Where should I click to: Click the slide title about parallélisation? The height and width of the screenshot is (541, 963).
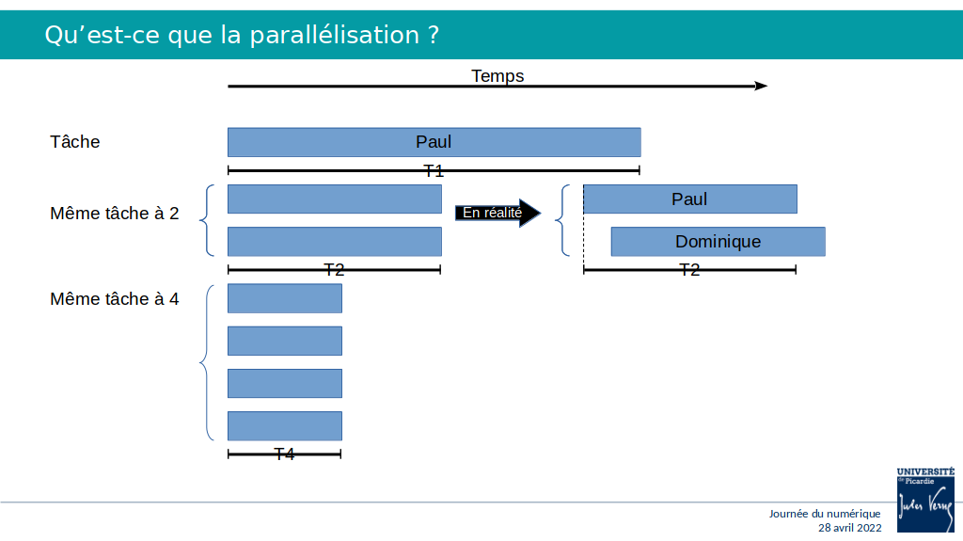[x=242, y=35]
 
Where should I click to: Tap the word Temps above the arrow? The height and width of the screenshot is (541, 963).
[x=497, y=75]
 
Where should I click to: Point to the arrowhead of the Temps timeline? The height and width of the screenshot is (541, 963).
[x=761, y=86]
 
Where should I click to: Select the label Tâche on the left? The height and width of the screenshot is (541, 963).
[x=75, y=141]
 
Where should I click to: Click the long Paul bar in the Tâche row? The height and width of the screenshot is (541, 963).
[x=434, y=142]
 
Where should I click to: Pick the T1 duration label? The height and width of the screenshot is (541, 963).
[x=434, y=171]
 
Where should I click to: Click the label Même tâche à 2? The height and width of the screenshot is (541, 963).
[x=114, y=214]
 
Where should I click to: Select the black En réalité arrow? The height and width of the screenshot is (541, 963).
[x=497, y=213]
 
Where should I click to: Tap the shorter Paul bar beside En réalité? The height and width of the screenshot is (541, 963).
[x=690, y=199]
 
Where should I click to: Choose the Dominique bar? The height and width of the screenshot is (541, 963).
[x=718, y=242]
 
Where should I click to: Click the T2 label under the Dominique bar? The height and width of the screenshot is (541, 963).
[x=689, y=270]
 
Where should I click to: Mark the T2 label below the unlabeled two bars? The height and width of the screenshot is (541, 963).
[x=334, y=270]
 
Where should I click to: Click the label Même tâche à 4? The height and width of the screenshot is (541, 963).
[x=114, y=299]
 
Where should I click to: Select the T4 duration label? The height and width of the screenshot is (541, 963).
[x=284, y=454]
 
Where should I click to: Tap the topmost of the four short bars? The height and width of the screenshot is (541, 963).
[x=285, y=298]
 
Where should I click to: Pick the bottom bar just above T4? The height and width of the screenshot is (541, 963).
[x=285, y=426]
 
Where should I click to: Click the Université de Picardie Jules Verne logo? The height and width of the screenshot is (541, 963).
[x=925, y=500]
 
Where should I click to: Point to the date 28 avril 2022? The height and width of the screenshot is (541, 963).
[x=850, y=528]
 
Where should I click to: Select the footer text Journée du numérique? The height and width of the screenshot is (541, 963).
[x=825, y=514]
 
